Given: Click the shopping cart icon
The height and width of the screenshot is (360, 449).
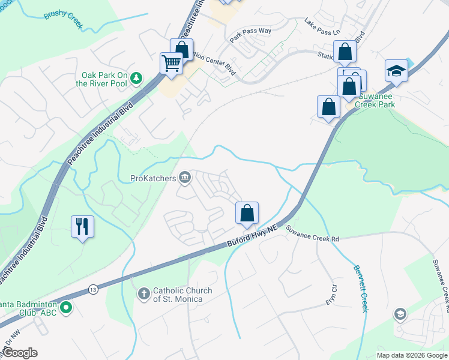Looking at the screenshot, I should pyautogui.click(x=172, y=62).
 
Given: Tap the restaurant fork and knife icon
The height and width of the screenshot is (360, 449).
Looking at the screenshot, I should pyautogui.click(x=82, y=226).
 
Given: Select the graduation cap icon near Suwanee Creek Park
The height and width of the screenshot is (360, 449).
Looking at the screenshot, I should pyautogui.click(x=396, y=71).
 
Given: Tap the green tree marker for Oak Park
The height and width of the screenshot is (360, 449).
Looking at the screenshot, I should pyautogui.click(x=137, y=77).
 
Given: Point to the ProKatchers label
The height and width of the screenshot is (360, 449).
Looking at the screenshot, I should pyautogui.click(x=152, y=178).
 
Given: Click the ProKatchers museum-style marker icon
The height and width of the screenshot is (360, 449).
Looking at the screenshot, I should pyautogui.click(x=185, y=177).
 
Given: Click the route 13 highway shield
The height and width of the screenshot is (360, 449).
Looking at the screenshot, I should pyautogui.click(x=92, y=288).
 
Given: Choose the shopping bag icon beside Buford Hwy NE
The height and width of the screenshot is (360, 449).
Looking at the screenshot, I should pyautogui.click(x=247, y=213).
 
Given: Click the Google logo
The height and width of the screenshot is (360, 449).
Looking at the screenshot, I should pyautogui.click(x=20, y=353).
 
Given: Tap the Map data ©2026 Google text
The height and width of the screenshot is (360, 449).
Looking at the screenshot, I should pyautogui.click(x=411, y=355).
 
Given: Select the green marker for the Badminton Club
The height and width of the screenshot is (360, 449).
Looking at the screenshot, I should pyautogui.click(x=67, y=309).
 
